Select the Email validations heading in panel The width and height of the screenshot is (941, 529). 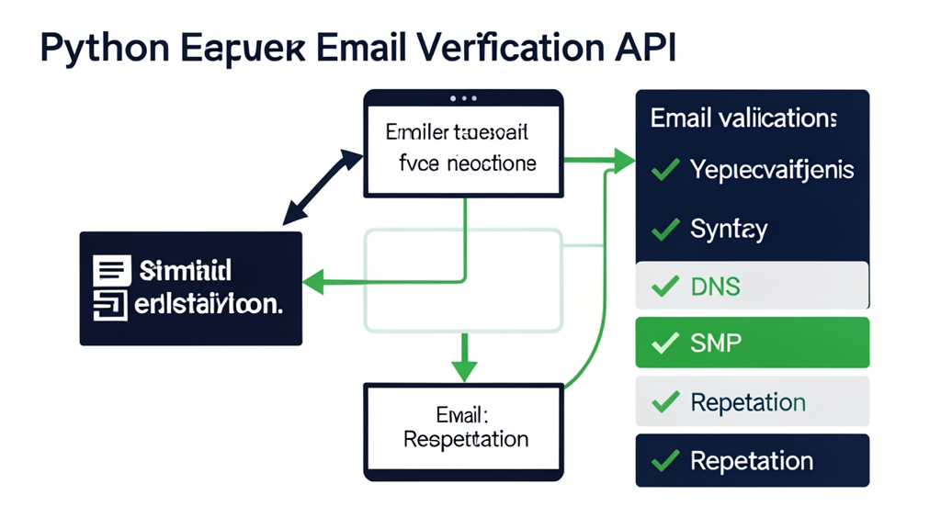pyautogui.click(x=743, y=118)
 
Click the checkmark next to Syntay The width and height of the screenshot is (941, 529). pyautogui.click(x=664, y=229)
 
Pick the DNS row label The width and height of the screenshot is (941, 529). pyautogui.click(x=715, y=287)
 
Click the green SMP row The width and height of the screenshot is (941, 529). pyautogui.click(x=752, y=343)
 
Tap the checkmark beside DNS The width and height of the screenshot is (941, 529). pyautogui.click(x=664, y=287)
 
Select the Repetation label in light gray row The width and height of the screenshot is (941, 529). pyautogui.click(x=747, y=402)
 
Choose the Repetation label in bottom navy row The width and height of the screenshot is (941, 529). pyautogui.click(x=751, y=460)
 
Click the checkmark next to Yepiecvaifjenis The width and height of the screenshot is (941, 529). pyautogui.click(x=664, y=170)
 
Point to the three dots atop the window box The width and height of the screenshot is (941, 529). pyautogui.click(x=463, y=97)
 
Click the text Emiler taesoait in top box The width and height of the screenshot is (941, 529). pyautogui.click(x=457, y=133)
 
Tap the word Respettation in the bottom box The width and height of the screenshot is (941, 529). pyautogui.click(x=466, y=438)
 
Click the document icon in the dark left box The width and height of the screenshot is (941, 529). pyautogui.click(x=111, y=270)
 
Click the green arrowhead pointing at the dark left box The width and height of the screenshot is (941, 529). pyautogui.click(x=312, y=282)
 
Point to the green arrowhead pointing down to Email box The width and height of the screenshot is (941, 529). pyautogui.click(x=464, y=370)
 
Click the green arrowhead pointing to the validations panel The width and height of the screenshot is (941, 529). pyautogui.click(x=624, y=162)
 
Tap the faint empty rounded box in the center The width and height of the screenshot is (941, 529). pyautogui.click(x=464, y=280)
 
